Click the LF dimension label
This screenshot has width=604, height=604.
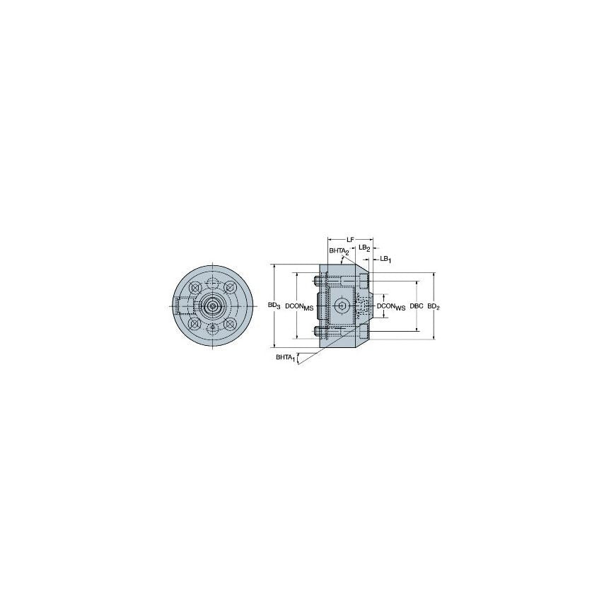pos(349,240)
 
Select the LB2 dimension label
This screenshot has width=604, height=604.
pos(364,248)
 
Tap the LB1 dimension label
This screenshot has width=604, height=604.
pos(385,259)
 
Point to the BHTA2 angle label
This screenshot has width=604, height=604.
pos(337,251)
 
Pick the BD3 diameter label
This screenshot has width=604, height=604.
pos(274,306)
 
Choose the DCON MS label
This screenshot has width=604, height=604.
pos(299,306)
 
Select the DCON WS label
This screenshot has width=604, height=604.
pos(391,306)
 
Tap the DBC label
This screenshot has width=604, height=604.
pos(417,306)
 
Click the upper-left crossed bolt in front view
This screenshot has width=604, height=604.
pos(194,288)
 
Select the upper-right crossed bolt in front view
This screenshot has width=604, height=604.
pos(231,288)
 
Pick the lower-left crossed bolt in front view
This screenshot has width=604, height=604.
pos(194,324)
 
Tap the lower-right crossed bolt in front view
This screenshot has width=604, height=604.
pos(231,324)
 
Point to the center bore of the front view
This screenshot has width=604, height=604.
pos(212,306)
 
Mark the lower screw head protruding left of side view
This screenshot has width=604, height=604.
pos(319,330)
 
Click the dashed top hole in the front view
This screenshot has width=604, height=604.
pos(212,283)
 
